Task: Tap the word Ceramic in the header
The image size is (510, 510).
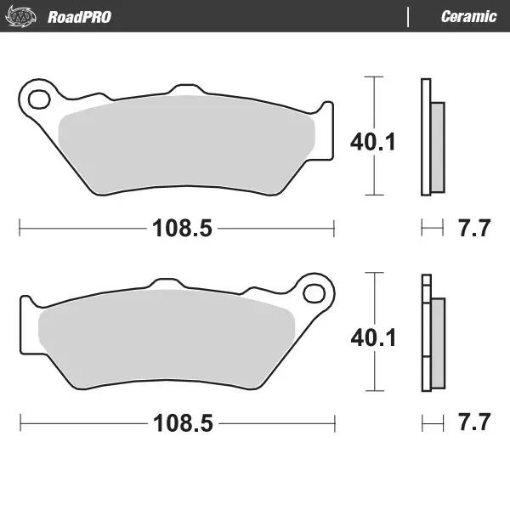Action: pos(468,16)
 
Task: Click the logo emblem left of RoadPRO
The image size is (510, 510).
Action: pos(26,16)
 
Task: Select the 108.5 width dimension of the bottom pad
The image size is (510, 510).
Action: pos(176,422)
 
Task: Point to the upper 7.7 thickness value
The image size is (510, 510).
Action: pos(473,228)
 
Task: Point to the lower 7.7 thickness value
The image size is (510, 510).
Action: pos(473,422)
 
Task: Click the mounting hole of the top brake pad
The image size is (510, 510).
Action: pos(38,100)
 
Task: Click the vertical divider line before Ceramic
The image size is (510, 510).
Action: pos(409,16)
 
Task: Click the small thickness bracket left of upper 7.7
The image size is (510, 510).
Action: pos(432,228)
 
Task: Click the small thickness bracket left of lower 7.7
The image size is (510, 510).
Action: pos(432,422)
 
